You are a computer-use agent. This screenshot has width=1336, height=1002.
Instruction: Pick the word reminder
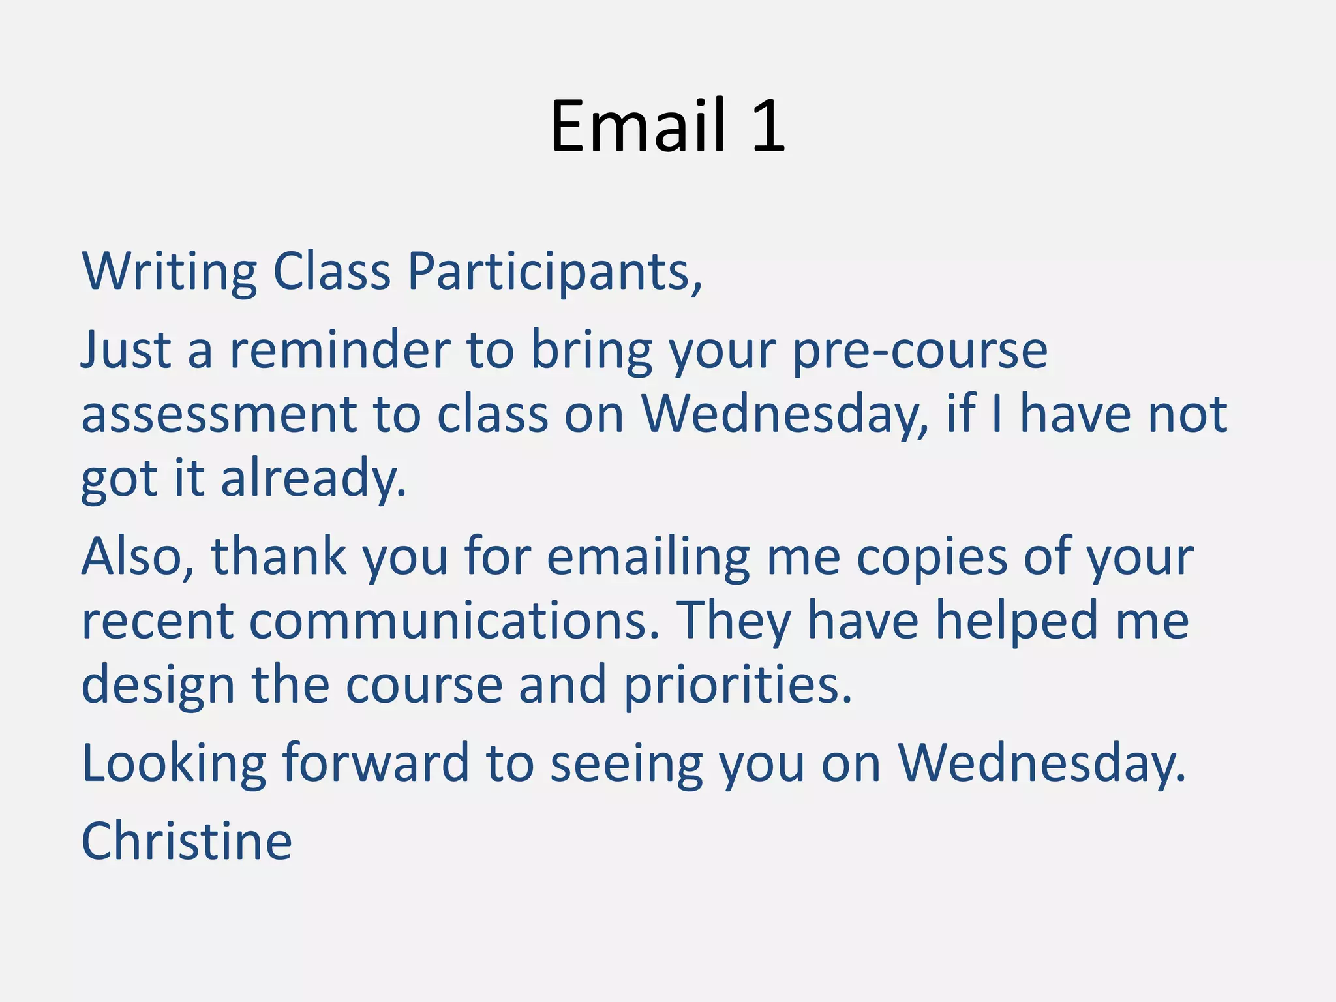(x=340, y=350)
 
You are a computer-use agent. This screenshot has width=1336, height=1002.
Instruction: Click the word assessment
(x=219, y=415)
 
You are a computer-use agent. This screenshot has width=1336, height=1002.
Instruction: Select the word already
(x=313, y=479)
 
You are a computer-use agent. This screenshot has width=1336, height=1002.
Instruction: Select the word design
(x=158, y=685)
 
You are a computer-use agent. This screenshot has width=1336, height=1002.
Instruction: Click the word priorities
(x=738, y=685)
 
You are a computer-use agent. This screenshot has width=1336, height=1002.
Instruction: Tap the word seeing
(x=626, y=763)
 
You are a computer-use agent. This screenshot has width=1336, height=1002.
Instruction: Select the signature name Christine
(x=187, y=842)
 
